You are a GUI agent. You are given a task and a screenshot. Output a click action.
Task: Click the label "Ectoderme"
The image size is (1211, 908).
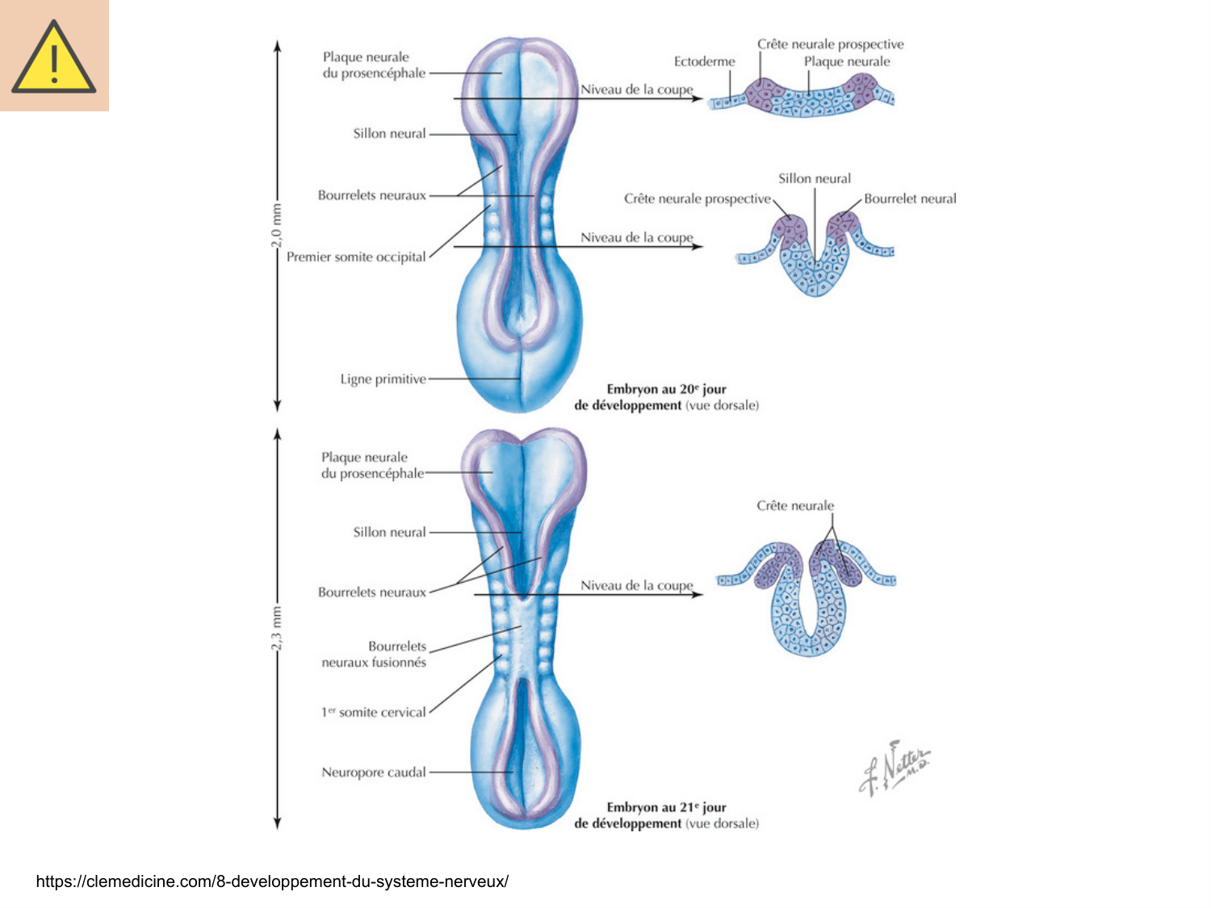pos(704,61)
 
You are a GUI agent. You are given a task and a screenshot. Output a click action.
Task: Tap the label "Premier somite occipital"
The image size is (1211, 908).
pos(356,257)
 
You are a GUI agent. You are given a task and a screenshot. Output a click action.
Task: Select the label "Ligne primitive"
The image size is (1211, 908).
pos(383,379)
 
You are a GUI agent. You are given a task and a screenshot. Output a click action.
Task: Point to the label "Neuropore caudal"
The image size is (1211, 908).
pos(373,772)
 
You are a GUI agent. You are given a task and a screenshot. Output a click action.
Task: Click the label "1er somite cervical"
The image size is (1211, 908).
pos(373,712)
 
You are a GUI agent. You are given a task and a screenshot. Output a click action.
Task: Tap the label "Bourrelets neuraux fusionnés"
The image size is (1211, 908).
pos(374,655)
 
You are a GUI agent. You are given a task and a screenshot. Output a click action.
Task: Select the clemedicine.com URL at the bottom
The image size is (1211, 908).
pos(272,881)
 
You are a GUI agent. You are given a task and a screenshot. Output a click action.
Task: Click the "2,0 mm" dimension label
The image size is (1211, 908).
pos(277,225)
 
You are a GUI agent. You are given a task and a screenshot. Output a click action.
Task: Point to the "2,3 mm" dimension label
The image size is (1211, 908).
pos(277,628)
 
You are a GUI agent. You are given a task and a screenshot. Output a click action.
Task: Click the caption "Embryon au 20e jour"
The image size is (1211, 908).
pos(666,389)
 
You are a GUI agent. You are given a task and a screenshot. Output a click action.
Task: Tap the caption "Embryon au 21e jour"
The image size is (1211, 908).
pos(666,807)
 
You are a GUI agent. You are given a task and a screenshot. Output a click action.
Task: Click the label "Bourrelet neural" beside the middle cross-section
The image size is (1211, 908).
pos(910,199)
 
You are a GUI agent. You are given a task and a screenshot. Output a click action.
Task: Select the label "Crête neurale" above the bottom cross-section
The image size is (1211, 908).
pos(795,505)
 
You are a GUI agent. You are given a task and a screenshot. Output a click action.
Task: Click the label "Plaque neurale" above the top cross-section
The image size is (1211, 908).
pos(847,61)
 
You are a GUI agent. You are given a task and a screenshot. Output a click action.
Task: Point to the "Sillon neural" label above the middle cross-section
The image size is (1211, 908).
pos(815,178)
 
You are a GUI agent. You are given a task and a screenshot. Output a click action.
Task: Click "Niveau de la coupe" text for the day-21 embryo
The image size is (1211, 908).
pos(637,585)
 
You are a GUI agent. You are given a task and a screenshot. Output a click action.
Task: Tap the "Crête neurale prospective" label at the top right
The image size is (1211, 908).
pos(830,44)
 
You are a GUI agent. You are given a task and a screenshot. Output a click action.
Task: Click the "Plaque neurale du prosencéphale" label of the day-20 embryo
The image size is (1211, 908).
pos(373,65)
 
